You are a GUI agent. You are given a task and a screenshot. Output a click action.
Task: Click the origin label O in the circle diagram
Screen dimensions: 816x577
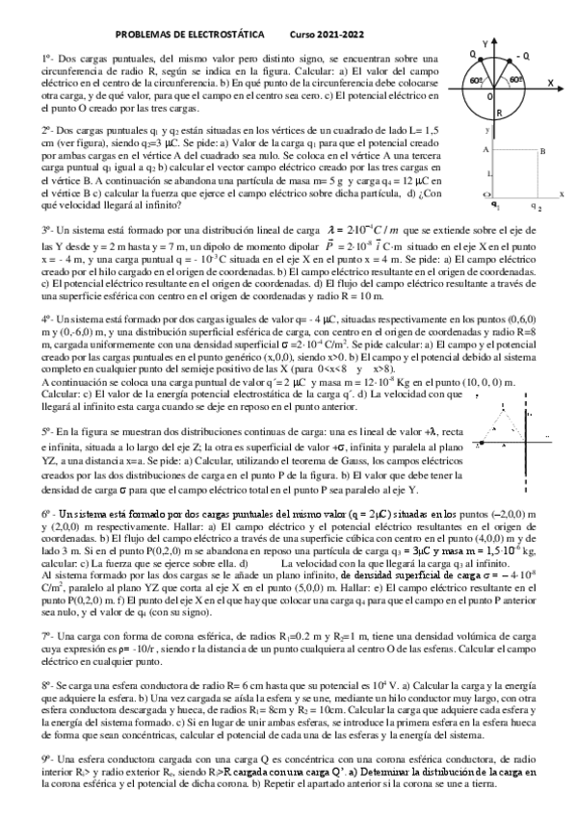pyautogui.click(x=488, y=96)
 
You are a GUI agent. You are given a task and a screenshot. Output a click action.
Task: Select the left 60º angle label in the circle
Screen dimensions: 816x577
pyautogui.click(x=477, y=80)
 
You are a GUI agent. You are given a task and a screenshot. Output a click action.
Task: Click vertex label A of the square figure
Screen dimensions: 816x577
pyautogui.click(x=485, y=150)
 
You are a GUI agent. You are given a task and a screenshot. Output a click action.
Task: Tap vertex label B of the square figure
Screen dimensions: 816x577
pyautogui.click(x=542, y=151)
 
